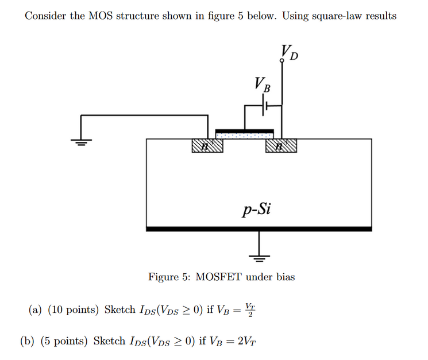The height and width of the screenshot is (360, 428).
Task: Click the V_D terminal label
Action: (290, 52)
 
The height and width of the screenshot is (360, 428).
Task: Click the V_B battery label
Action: (261, 86)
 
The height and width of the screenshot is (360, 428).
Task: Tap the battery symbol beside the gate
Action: (265, 105)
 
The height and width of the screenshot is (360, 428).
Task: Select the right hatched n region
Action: (282, 146)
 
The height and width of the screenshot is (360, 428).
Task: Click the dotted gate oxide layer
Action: (244, 136)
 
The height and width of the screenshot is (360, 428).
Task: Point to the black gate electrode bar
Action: (244, 130)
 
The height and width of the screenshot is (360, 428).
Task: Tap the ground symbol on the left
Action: (82, 142)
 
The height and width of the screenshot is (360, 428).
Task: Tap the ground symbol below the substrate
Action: (259, 256)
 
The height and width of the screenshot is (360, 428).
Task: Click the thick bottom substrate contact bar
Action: (259, 229)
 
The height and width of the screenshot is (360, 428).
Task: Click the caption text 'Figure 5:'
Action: (170, 277)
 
